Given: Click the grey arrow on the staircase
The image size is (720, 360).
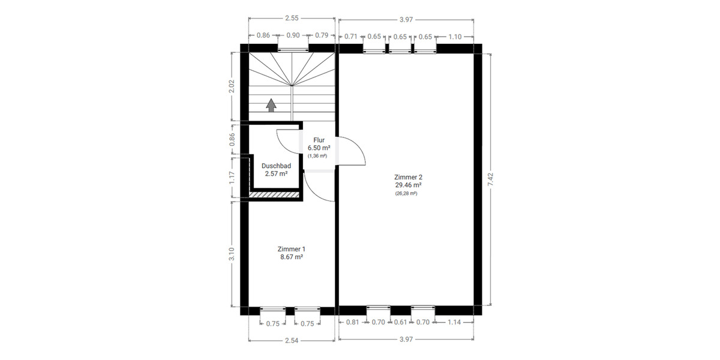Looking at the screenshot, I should click(x=271, y=105).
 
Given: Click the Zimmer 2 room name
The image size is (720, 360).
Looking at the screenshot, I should click(x=409, y=177).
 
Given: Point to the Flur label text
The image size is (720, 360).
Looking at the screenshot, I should click(x=319, y=140).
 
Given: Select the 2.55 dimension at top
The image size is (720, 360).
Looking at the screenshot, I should click(x=292, y=19).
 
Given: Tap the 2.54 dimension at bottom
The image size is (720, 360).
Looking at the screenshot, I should click(x=292, y=340).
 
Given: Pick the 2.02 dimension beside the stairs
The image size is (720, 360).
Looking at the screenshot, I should click(x=233, y=86).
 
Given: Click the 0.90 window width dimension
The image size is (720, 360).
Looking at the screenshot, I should click(x=293, y=36).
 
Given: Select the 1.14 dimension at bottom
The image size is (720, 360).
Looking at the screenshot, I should click(x=455, y=323).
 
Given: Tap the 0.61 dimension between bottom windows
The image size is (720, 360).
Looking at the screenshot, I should click(x=401, y=323).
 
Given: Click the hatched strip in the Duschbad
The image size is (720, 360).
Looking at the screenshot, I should click(x=274, y=194).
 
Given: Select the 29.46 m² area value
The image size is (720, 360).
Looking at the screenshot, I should click(x=409, y=185).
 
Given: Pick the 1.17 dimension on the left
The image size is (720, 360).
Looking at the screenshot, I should click(x=233, y=178).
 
